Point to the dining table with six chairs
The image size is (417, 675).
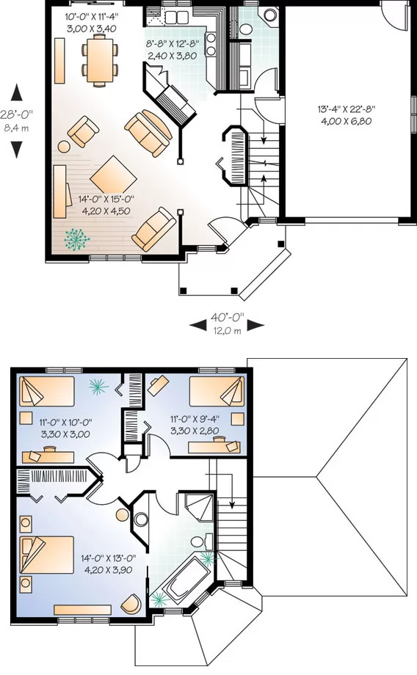click(100, 60)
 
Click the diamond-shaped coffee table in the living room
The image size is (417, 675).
click(113, 174)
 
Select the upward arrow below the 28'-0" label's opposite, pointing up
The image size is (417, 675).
click(16, 91)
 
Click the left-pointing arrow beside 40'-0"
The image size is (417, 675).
click(197, 326)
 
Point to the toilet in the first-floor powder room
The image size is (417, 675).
click(245, 29)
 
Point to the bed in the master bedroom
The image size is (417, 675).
click(46, 555)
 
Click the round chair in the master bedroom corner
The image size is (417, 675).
click(131, 604)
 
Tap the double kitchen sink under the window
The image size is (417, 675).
click(177, 17)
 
